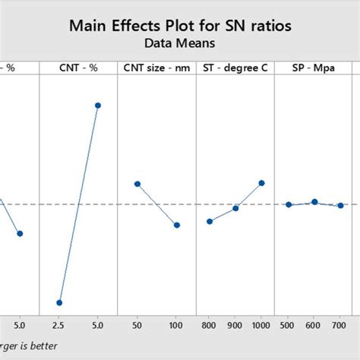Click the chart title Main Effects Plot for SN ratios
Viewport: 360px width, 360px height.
(x=180, y=27)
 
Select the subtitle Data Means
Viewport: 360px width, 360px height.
(x=180, y=43)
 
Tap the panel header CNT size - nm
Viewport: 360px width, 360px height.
(x=156, y=68)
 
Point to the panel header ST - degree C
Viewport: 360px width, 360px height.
(x=235, y=68)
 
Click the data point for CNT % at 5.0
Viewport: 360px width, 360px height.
(x=98, y=106)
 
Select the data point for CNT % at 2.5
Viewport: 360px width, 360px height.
(x=59, y=302)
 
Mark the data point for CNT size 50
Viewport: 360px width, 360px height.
(x=137, y=184)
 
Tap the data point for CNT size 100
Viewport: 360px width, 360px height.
(x=176, y=225)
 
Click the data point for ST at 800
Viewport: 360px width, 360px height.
(x=210, y=221)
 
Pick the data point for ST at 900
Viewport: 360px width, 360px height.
(x=236, y=208)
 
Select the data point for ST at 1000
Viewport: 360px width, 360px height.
(x=262, y=183)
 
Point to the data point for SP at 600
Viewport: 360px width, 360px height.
(x=314, y=201)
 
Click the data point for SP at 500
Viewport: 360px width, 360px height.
(x=289, y=204)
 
